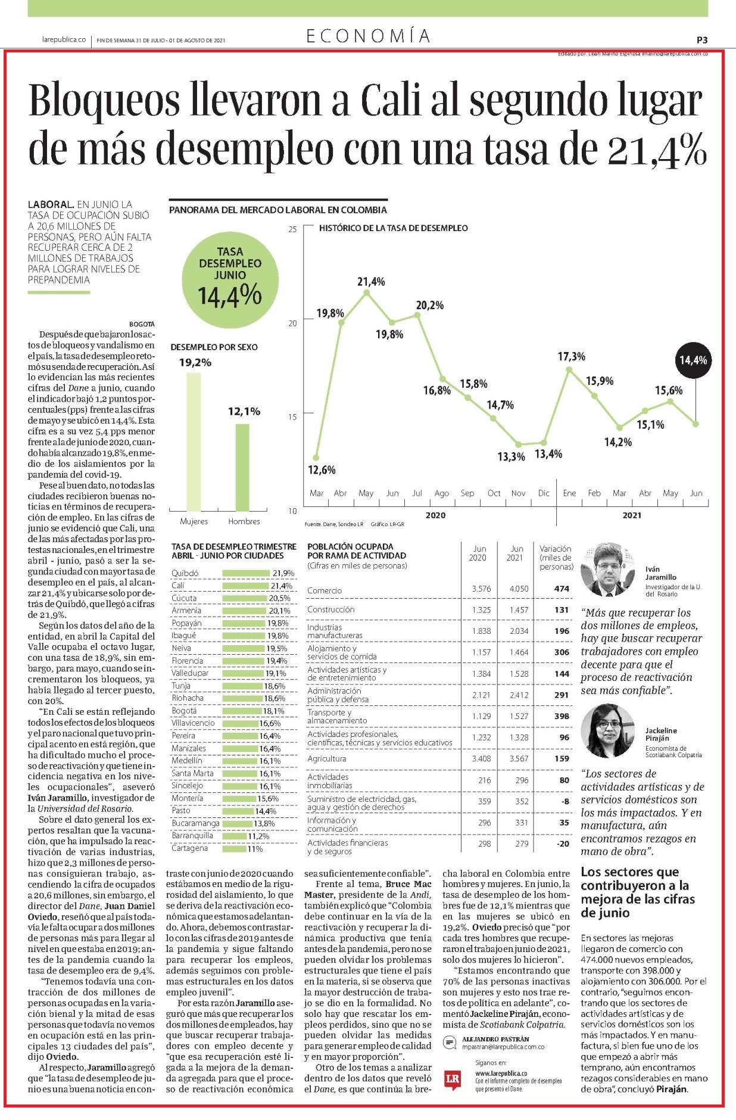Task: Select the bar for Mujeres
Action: coord(194,441)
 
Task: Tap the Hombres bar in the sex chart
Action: coord(242,467)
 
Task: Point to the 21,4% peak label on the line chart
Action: coord(371,281)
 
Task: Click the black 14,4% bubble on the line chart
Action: coord(693,360)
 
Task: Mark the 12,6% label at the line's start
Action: coord(322,469)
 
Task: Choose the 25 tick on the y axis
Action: coord(292,229)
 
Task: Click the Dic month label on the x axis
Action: coord(544,493)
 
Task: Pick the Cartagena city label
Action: coord(189,848)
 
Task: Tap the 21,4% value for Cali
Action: coord(281,586)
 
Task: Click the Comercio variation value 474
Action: coord(562,589)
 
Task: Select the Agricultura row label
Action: coord(326,758)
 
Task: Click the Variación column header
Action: coord(556,558)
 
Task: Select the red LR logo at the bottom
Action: coord(453,1079)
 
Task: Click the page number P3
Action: coord(702,40)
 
